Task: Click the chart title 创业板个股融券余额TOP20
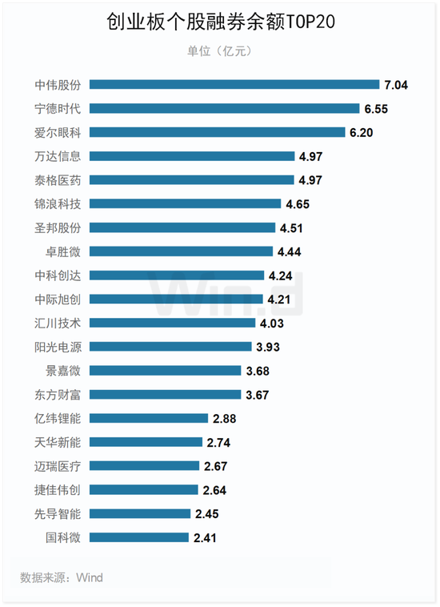tap(220, 22)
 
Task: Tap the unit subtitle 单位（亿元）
tap(219, 50)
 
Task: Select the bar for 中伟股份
tap(234, 84)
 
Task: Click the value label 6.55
tap(376, 109)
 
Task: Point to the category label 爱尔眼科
tap(58, 132)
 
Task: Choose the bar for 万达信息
tap(192, 156)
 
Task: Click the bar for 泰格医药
tap(192, 180)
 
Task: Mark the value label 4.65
tap(298, 204)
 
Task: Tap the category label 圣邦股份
tap(58, 227)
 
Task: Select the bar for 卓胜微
tap(182, 251)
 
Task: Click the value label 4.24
tap(280, 275)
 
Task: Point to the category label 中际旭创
tap(58, 299)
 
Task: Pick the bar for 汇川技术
tap(173, 323)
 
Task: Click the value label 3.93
tap(267, 347)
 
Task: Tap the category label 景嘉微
tap(63, 371)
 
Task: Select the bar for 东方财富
tap(165, 395)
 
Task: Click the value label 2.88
tap(224, 419)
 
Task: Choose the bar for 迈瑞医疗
tap(145, 466)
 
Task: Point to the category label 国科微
tap(63, 537)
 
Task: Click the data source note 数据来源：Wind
tap(62, 577)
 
